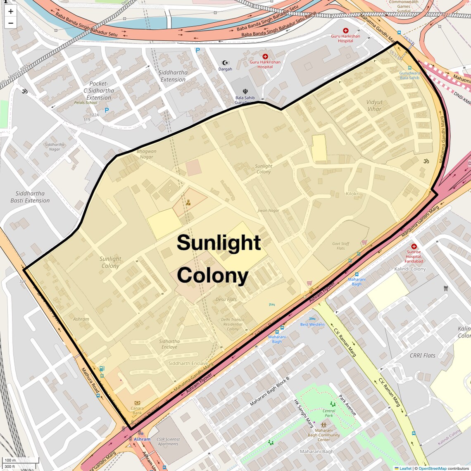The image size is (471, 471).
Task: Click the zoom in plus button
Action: click(11, 12)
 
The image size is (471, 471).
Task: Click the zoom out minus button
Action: click(11, 23)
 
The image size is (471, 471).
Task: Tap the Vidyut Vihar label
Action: click(374, 105)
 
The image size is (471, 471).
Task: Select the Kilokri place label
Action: click(352, 193)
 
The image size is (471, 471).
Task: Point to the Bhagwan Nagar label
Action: click(146, 154)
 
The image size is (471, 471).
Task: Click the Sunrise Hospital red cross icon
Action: click(414, 246)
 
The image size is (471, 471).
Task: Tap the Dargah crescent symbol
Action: click(225, 63)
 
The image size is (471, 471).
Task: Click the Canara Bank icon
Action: click(137, 403)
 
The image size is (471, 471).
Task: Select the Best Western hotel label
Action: click(312, 324)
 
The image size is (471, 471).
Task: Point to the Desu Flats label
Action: click(226, 299)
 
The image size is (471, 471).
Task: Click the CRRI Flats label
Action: click(422, 355)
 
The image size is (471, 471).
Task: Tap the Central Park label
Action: click(329, 413)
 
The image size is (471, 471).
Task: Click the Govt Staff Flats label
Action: click(340, 246)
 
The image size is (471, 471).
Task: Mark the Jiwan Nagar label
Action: click(269, 210)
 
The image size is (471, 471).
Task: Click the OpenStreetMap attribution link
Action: click(432, 468)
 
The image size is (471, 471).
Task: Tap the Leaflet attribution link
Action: click(405, 468)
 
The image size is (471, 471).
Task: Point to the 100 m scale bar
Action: click(21, 460)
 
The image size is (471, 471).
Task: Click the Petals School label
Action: click(86, 102)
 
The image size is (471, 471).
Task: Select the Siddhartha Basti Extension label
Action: click(30, 197)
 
